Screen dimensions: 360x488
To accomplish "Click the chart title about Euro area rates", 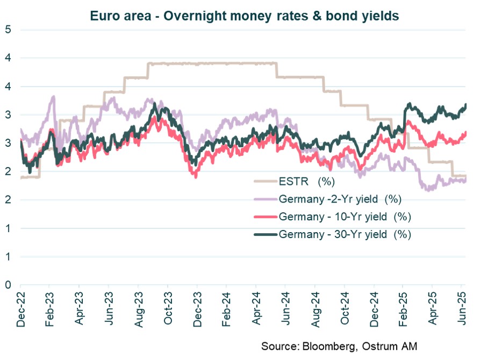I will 243,16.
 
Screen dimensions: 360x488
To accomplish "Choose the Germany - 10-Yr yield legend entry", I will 341,217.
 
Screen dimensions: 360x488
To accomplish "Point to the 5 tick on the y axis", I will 8,30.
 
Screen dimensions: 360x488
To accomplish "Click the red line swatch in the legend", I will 264,217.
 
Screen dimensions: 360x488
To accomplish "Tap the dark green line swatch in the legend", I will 264,235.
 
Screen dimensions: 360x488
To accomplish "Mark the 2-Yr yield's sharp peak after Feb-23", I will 53,97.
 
